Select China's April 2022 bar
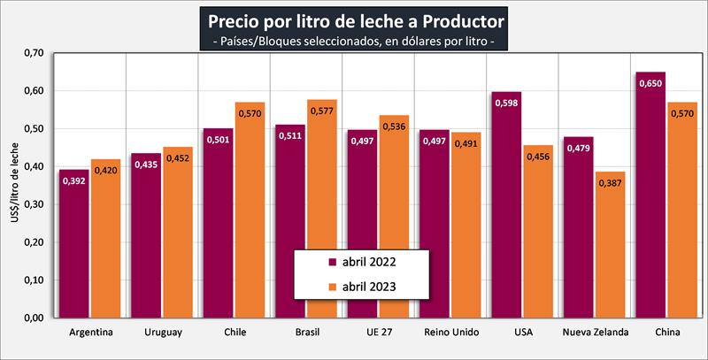[x=650, y=195]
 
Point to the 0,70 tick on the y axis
[x=32, y=53]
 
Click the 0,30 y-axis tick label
[x=32, y=204]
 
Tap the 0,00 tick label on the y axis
[x=32, y=318]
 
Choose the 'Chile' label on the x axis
[x=235, y=333]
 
